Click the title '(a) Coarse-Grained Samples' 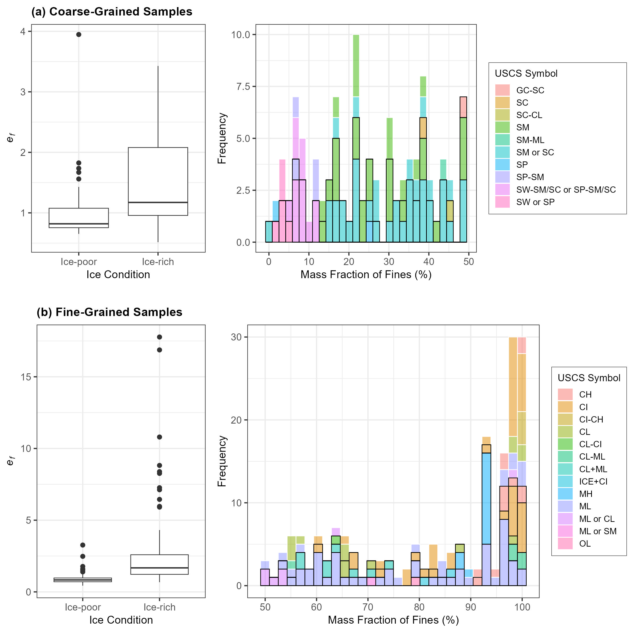click(x=112, y=12)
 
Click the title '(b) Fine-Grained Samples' click(x=109, y=312)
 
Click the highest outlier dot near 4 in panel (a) click(x=79, y=34)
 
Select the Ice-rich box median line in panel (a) click(x=158, y=202)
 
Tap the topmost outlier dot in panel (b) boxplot click(x=159, y=337)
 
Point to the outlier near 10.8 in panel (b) click(x=159, y=437)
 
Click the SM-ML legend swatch click(x=502, y=140)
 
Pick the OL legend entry click(x=585, y=543)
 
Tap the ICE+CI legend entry click(x=593, y=481)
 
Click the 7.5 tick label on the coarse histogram click(x=241, y=86)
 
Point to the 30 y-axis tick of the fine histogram click(x=236, y=337)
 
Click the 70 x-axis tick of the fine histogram click(x=368, y=607)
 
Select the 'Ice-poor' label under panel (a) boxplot click(x=79, y=262)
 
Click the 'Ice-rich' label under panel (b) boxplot click(x=159, y=607)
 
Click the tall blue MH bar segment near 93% click(x=486, y=498)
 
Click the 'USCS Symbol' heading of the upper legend click(x=526, y=73)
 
